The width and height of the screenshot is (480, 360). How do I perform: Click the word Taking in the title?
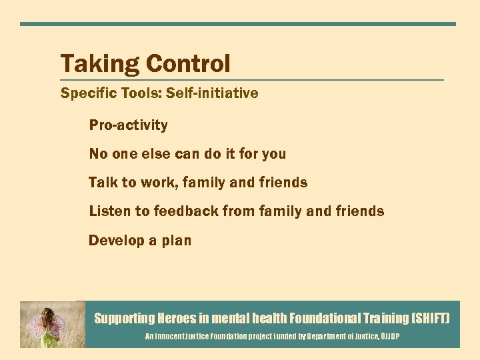(x=99, y=65)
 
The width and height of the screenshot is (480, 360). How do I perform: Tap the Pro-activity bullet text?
(x=128, y=125)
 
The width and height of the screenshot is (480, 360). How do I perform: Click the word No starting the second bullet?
(x=98, y=154)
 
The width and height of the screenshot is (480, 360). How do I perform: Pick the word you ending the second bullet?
(x=273, y=155)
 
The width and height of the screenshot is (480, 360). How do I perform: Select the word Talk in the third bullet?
(x=102, y=183)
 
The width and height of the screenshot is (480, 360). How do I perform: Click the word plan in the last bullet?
(x=176, y=241)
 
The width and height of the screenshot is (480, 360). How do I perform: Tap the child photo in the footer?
(x=52, y=324)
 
